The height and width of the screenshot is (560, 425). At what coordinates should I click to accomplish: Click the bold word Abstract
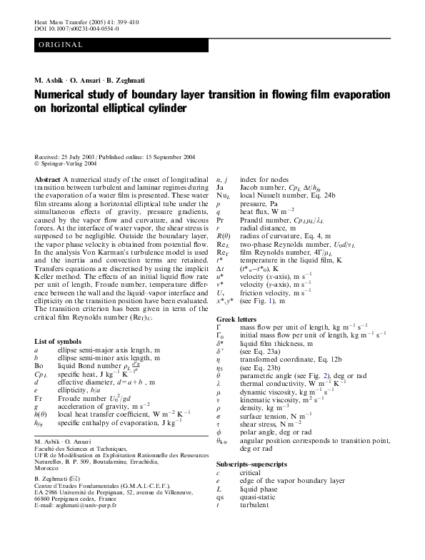point(47,177)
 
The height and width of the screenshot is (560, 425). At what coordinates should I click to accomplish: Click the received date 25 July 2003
point(81,156)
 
